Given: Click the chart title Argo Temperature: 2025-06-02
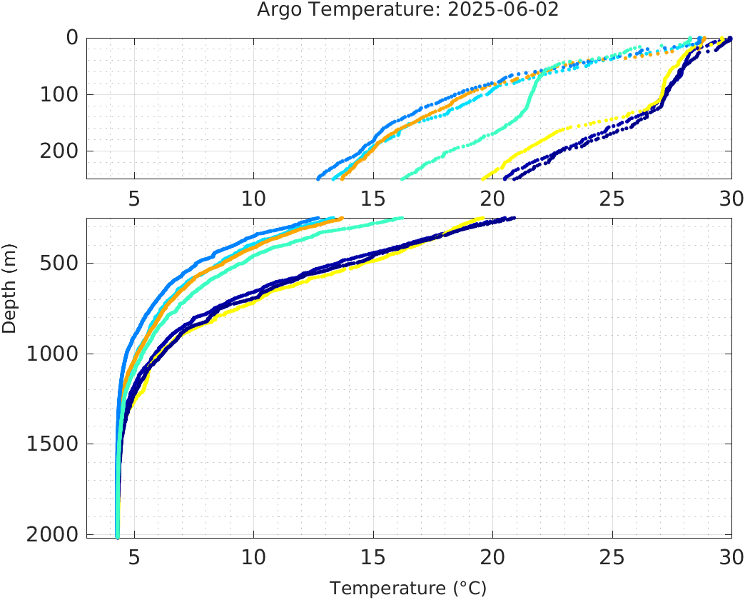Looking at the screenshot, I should pos(407,11).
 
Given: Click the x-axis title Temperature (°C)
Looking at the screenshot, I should pos(407,589).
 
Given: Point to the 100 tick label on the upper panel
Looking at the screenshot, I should pos(59,94).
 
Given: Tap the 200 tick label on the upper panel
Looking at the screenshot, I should pos(59,151).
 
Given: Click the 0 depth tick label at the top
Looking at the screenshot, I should pos(72,38).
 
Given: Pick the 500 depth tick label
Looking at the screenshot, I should pos(59,264).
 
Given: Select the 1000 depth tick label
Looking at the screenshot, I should pos(53,354).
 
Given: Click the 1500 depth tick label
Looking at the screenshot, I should pos(53,444).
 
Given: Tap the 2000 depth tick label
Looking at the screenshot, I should pos(53,534).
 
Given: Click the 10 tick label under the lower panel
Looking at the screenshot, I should pos(253,556).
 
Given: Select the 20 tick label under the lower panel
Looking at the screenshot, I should pos(492,556).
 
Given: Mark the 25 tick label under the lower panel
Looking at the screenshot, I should pos(612,556).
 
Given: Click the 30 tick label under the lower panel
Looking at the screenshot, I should pos(731,556).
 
